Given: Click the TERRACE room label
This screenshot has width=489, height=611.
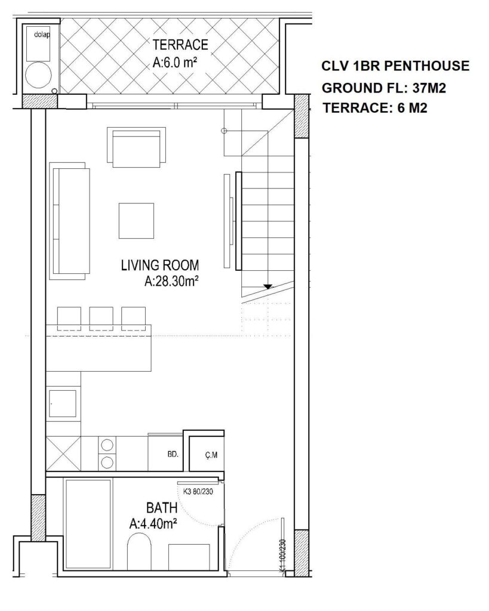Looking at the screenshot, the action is coord(180,44).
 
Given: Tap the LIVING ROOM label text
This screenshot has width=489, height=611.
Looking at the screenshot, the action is coord(160,266).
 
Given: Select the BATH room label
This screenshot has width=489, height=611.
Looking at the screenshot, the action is coord(162,508).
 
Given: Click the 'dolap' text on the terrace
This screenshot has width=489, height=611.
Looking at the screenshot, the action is coord(42,35).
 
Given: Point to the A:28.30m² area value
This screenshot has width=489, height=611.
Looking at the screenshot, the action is coord(171,282).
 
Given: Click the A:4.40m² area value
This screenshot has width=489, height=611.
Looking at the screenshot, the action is coord(153,524).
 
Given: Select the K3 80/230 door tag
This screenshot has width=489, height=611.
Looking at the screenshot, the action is coord(198,492).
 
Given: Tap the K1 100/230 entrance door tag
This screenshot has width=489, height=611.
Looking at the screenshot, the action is coord(283,556).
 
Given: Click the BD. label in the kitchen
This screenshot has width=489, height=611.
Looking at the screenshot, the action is coord(173,454).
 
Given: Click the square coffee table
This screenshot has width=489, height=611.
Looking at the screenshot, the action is coord(136,221).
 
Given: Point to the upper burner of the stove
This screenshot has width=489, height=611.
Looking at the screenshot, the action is coord(107,445).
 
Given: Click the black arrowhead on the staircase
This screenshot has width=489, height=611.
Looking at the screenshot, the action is coord(267,287).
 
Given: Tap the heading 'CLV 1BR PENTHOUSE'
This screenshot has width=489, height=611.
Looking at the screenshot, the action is coord(395,66).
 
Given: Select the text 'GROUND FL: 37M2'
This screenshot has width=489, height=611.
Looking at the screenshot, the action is coord(384,88).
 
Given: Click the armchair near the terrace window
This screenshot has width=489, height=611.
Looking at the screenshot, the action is coord(137,147).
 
